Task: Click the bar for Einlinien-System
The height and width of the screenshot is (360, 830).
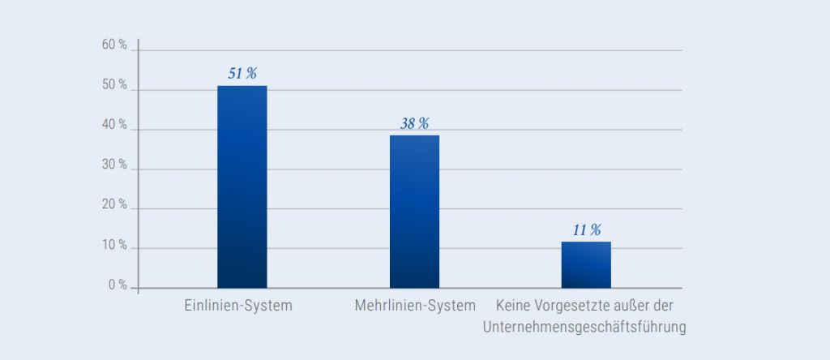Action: click(242, 186)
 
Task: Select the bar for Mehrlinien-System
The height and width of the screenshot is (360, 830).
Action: click(414, 211)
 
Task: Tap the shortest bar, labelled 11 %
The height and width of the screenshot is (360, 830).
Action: click(586, 264)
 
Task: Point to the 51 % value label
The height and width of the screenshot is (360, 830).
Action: click(242, 74)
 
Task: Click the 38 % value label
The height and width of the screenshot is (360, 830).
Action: click(414, 123)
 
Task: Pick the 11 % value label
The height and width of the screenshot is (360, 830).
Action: click(586, 230)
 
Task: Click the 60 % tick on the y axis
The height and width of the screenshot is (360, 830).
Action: click(114, 46)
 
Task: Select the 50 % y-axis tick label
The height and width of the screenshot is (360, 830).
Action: click(114, 86)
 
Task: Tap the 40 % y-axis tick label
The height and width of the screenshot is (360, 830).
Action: click(114, 126)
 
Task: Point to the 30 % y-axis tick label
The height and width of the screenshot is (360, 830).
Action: click(114, 165)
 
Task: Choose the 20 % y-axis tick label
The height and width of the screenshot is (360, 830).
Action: click(114, 205)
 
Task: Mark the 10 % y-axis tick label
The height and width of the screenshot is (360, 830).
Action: click(114, 245)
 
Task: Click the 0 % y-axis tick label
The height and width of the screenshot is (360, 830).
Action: click(118, 285)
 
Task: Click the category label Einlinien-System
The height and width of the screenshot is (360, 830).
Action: click(237, 306)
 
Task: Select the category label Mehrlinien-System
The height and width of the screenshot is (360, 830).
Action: click(415, 306)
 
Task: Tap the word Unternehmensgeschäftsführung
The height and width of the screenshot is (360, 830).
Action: click(584, 328)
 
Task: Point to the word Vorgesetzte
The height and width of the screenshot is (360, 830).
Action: click(568, 306)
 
